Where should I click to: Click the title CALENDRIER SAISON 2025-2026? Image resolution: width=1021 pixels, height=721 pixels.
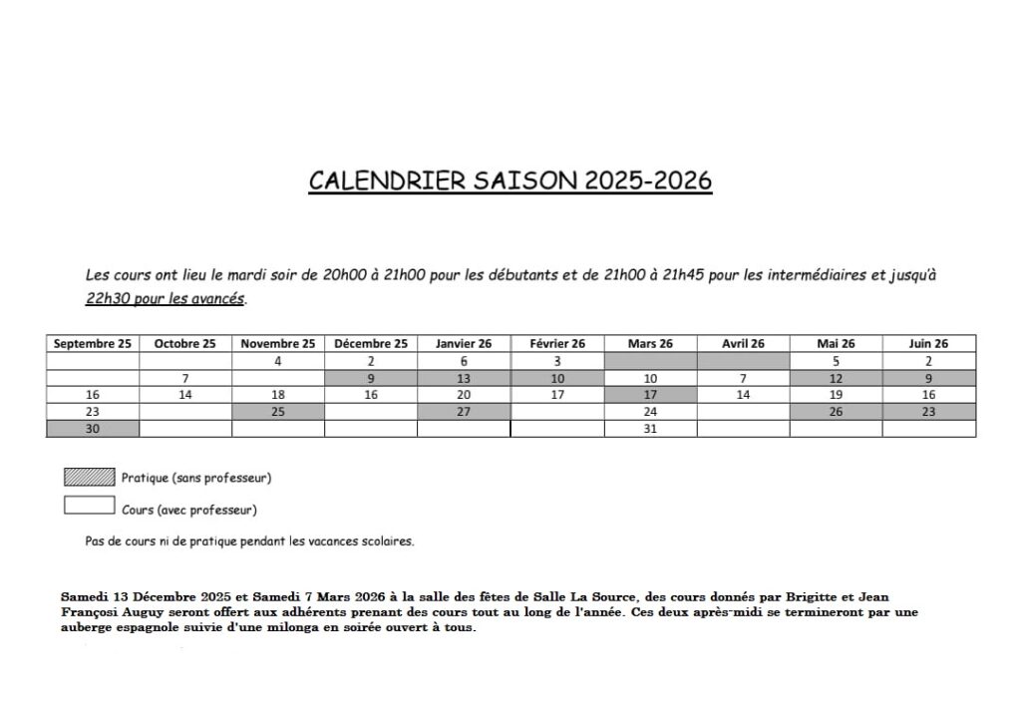coord(510,180)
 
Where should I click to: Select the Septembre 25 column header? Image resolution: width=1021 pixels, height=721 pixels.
coord(93,344)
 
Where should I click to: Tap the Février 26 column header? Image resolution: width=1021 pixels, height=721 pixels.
coord(557,344)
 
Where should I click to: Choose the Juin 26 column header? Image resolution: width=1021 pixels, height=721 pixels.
coord(928,344)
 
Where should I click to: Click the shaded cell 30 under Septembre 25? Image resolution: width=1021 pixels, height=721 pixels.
coord(93,429)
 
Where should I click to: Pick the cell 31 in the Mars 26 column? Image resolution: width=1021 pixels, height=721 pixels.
coord(650,429)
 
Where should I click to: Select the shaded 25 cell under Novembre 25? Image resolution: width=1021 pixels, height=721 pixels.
coord(278,412)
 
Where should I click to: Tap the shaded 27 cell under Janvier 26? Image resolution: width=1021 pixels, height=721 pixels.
coord(464,412)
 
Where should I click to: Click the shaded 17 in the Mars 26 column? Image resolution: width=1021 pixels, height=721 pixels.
coord(650,395)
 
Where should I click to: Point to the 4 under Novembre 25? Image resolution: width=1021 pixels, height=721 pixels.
coord(278,361)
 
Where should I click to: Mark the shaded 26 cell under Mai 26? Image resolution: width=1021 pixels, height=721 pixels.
coord(836,412)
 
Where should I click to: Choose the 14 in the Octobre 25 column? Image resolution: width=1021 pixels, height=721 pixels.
coord(185,395)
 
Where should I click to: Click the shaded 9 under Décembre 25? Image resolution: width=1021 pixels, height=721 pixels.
coord(371,378)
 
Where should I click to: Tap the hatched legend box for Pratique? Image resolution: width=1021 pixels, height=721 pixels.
coord(89,477)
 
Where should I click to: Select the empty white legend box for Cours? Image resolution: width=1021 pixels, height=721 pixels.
coord(89,506)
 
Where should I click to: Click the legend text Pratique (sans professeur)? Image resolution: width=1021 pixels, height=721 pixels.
coord(196,478)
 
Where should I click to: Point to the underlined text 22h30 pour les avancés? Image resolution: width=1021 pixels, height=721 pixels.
coord(165,298)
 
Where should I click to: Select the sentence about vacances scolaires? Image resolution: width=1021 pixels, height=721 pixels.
coord(249,541)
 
